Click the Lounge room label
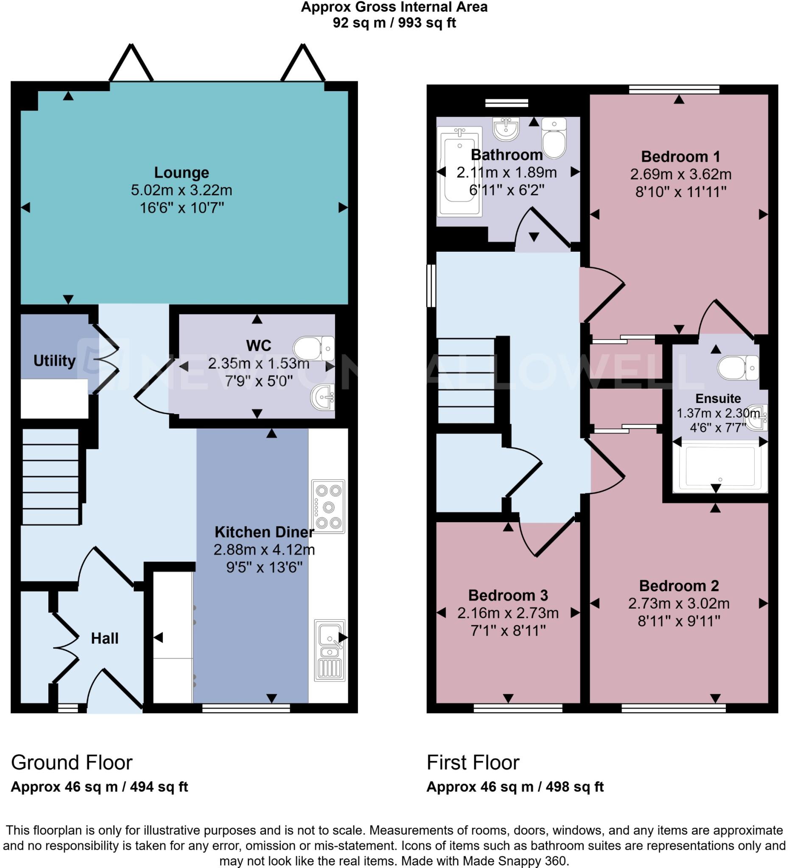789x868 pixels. (x=182, y=172)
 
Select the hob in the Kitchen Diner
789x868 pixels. (x=328, y=506)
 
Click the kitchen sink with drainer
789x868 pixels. (x=330, y=650)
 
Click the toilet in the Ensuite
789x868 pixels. (x=738, y=367)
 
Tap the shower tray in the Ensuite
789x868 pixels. (x=720, y=466)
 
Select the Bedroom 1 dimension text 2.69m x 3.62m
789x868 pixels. (x=680, y=174)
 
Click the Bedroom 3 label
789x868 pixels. (x=508, y=595)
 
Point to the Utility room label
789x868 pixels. (x=54, y=361)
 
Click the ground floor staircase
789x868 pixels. (x=50, y=477)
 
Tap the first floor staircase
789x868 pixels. (x=466, y=381)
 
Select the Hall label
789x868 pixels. (x=104, y=639)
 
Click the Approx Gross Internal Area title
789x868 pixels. (x=394, y=7)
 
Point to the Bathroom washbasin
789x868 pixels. (x=506, y=128)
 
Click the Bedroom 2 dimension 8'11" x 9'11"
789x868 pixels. (x=679, y=621)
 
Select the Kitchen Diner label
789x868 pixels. (x=264, y=532)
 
